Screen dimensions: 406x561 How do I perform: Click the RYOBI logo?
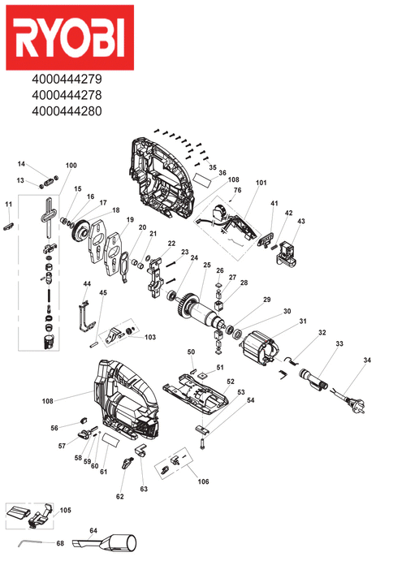pyautogui.click(x=70, y=37)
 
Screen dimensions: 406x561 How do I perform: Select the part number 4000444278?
pyautogui.click(x=67, y=95)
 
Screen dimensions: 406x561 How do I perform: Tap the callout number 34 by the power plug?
pyautogui.click(x=367, y=360)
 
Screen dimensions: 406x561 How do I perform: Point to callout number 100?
pyautogui.click(x=71, y=166)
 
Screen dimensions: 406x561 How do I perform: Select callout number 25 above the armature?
pyautogui.click(x=207, y=265)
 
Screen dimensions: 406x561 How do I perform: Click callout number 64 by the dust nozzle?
pyautogui.click(x=93, y=530)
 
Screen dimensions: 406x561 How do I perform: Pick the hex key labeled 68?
pyautogui.click(x=32, y=543)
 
